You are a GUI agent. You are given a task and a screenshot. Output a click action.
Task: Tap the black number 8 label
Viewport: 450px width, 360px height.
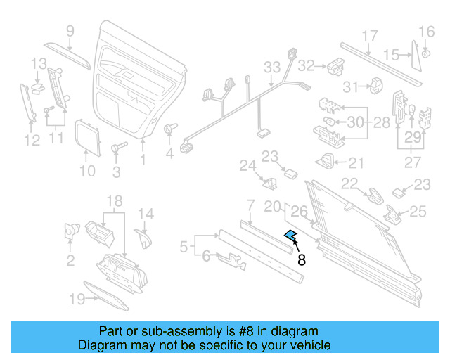coord(302,260)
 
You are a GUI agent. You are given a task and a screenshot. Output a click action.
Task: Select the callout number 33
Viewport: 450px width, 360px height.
coord(272,67)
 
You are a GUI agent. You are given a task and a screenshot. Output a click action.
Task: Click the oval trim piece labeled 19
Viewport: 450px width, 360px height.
coord(106,295)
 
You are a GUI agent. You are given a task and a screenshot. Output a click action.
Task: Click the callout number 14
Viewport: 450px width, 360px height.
coord(145,214)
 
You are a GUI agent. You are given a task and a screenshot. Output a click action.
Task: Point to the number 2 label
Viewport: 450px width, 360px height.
coord(70,262)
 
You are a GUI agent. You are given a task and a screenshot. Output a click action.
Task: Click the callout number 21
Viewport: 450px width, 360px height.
coord(356,163)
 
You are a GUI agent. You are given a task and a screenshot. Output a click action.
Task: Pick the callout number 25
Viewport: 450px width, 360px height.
coord(418,210)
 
